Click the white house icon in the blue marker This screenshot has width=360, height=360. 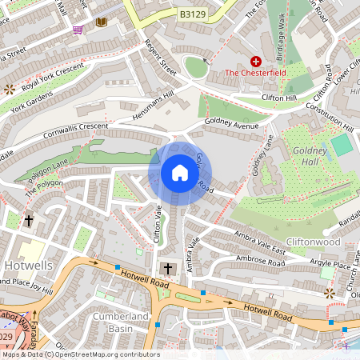tap(180, 173)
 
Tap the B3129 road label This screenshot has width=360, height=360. tap(192, 14)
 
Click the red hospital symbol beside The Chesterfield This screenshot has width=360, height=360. tap(256, 61)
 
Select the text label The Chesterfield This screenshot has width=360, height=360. tap(255, 74)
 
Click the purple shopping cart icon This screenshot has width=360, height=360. tap(78, 30)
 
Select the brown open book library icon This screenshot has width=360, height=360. tap(101, 22)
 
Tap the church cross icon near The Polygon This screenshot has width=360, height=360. tap(29, 220)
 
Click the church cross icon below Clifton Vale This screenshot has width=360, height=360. tap(167, 269)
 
